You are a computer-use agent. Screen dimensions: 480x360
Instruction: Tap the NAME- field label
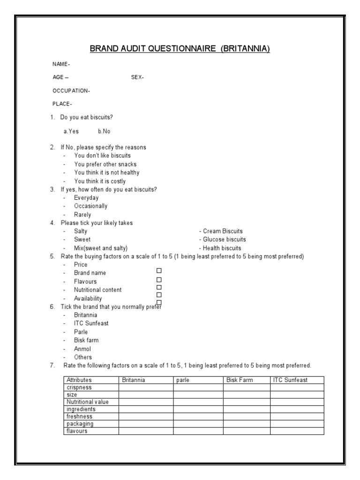[61, 64]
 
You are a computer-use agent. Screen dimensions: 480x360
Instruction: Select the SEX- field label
[137, 77]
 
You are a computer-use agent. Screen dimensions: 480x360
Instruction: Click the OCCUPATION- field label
[71, 91]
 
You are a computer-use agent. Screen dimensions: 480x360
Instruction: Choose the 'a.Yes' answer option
[71, 131]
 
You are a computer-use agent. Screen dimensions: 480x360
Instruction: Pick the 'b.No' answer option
[104, 131]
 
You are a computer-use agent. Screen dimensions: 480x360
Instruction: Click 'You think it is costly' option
[99, 181]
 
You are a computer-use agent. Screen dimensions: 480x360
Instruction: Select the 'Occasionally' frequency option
[90, 206]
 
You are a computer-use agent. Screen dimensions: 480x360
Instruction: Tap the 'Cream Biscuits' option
[221, 231]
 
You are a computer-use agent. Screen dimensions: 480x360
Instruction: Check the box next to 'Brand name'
[159, 271]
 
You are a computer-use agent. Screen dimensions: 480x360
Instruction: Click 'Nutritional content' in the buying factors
[97, 290]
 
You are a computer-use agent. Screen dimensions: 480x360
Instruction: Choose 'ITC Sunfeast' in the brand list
[91, 323]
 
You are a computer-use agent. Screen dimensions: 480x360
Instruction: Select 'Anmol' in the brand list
[82, 349]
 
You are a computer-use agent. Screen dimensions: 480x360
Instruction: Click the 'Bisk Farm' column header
[240, 380]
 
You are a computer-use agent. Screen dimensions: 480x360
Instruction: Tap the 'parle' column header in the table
[182, 380]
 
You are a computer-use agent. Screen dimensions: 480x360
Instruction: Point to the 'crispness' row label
[79, 388]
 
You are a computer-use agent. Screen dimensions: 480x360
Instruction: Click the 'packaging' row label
[80, 424]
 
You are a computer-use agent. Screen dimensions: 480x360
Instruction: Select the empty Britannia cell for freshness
[146, 416]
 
